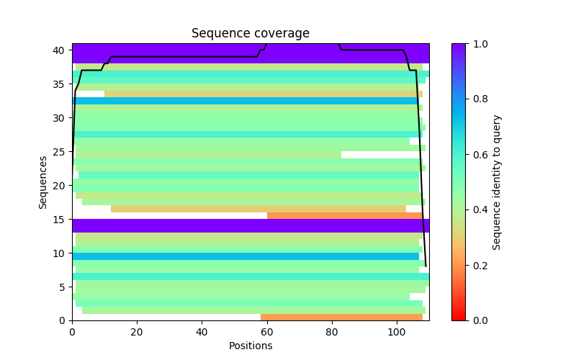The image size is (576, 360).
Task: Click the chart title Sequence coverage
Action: click(250, 34)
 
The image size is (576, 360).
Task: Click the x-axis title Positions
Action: click(250, 346)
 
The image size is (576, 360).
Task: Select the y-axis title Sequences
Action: click(43, 182)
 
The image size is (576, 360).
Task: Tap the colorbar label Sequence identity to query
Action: click(497, 182)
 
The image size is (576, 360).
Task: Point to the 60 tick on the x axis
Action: click(267, 320)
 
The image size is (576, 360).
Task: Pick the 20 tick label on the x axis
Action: click(137, 331)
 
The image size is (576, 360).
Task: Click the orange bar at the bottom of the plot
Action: click(341, 317)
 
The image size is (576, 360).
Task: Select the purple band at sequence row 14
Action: click(250, 225)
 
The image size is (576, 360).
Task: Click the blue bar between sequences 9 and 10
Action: click(245, 256)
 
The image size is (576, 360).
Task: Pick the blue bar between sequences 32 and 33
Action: click(245, 101)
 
